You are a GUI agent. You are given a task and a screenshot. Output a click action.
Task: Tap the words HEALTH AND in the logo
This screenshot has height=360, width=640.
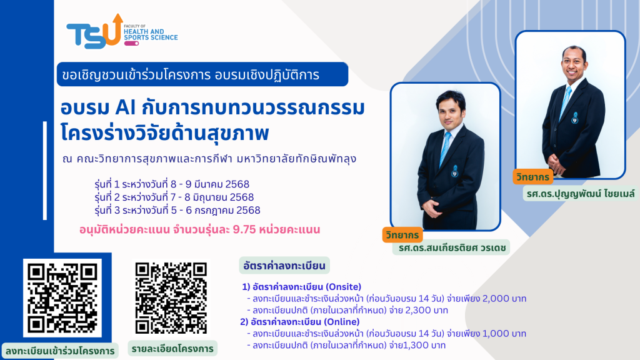144,31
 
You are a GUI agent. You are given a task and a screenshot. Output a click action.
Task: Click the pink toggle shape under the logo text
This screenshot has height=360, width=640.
131,43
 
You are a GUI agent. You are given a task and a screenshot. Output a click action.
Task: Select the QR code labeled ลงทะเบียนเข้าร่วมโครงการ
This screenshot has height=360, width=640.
62,298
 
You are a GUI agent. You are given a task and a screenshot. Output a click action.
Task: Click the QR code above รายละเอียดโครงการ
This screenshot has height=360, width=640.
171,298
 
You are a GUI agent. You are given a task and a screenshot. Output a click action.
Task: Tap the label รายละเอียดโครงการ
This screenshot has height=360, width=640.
172,349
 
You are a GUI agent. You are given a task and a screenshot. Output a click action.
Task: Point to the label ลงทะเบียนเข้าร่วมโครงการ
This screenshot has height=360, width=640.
60,351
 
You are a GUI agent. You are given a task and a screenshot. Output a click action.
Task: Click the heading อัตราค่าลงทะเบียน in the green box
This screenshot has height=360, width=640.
284,266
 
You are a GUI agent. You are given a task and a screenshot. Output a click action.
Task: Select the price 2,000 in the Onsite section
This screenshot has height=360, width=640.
496,298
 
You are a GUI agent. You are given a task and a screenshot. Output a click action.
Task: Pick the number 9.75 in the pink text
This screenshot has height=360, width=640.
244,230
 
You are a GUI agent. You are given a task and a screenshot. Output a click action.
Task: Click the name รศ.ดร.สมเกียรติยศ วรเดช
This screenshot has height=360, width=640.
452,247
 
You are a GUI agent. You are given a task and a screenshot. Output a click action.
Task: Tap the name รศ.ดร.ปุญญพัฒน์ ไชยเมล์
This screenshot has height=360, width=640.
581,194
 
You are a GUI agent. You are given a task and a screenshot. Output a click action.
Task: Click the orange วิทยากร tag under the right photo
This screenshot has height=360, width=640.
532,177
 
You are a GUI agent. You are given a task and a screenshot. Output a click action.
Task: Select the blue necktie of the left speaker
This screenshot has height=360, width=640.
445,149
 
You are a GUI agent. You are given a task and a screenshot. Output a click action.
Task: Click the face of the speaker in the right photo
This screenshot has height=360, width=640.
574,65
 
